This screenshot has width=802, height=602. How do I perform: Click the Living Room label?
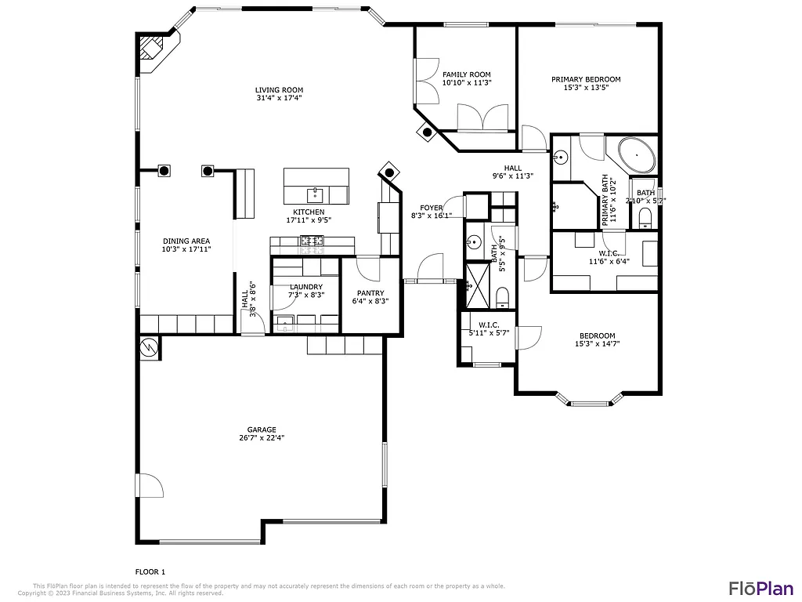coord(279,90)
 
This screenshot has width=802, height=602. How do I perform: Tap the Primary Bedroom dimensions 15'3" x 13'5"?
coord(586,88)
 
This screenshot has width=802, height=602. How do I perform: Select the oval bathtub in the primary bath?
coord(637,156)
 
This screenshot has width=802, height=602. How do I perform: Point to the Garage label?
coord(262,430)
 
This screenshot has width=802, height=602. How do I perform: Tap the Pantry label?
coord(370,292)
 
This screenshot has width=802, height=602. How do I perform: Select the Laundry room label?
coord(305,287)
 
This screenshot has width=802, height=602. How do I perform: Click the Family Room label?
coord(466,74)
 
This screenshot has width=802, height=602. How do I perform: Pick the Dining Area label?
coord(186,241)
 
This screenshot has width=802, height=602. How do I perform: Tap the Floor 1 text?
coord(150,572)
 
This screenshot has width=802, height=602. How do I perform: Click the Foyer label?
coord(432,208)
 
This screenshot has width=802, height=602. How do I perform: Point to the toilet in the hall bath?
coord(503,297)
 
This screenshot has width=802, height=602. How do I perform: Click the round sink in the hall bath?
coord(473,242)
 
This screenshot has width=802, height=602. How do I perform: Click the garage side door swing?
coord(151,485)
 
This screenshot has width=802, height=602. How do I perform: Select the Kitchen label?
coord(309,212)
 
